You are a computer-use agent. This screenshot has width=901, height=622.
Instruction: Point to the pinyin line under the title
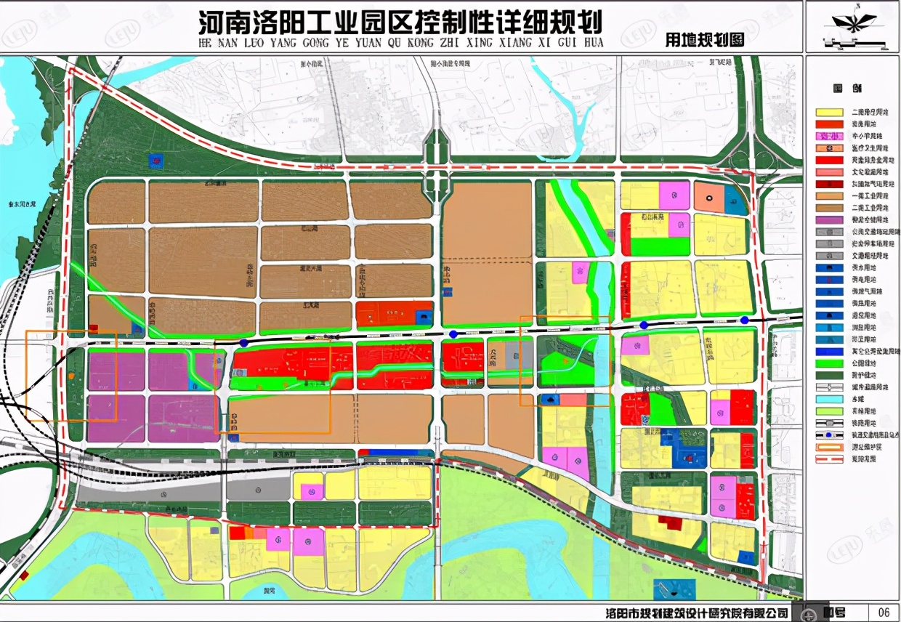pyautogui.click(x=400, y=42)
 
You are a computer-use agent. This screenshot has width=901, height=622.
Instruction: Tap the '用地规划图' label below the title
pyautogui.click(x=704, y=41)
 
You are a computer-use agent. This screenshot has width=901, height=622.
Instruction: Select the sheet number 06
pyautogui.click(x=884, y=612)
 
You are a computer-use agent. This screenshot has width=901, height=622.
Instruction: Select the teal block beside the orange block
pyautogui.click(x=735, y=204)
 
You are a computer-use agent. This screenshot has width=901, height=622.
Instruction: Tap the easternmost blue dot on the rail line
pyautogui.click(x=744, y=320)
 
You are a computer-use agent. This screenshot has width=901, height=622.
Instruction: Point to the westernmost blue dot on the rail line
pyautogui.click(x=244, y=342)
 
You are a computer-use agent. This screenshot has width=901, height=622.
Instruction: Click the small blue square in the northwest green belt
pyautogui.click(x=155, y=159)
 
